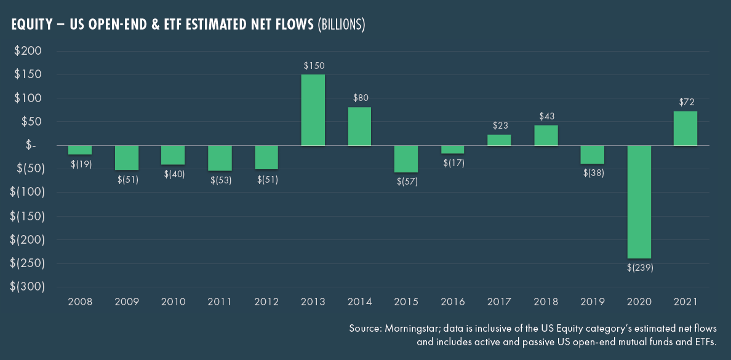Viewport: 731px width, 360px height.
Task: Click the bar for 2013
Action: tap(313, 110)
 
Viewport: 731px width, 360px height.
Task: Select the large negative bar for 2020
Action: tap(639, 202)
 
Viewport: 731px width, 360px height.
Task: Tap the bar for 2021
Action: tap(685, 129)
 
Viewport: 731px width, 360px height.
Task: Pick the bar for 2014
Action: tap(360, 127)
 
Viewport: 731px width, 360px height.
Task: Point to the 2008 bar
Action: tap(80, 150)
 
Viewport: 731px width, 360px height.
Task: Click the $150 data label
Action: tap(314, 65)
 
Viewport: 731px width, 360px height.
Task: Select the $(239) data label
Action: tap(639, 268)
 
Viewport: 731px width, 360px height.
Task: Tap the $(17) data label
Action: tap(453, 163)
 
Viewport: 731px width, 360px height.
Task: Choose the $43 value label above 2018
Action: tap(546, 116)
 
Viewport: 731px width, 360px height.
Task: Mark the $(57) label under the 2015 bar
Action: tap(406, 182)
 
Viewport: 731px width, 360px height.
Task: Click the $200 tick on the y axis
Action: tap(28, 51)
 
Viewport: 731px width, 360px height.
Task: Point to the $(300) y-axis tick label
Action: tap(28, 287)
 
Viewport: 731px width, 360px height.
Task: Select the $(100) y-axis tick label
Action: tap(28, 193)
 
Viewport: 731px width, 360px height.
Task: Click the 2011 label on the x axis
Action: tap(220, 302)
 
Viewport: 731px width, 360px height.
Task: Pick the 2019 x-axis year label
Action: tap(593, 302)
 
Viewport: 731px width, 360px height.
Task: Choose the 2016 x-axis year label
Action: tap(453, 302)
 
